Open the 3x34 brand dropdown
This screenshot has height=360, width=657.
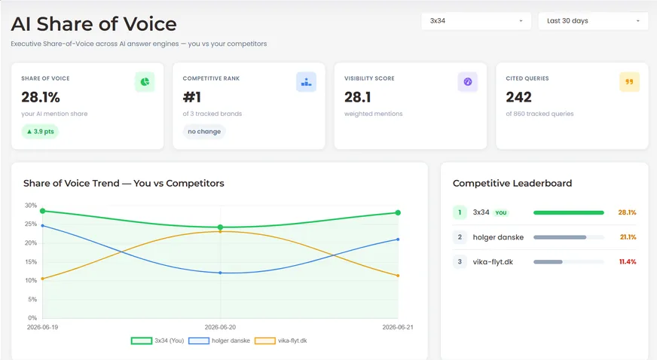(x=476, y=21)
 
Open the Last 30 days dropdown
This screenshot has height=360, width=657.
(x=593, y=21)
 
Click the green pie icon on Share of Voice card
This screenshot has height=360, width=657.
(x=145, y=81)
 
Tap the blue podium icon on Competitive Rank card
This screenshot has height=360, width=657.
(x=307, y=81)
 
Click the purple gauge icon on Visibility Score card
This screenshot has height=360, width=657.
(x=468, y=81)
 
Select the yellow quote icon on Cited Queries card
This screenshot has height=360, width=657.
(x=629, y=81)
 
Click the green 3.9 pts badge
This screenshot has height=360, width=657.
(x=40, y=132)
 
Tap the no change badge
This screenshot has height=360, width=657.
(x=204, y=132)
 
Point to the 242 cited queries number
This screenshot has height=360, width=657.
(x=518, y=97)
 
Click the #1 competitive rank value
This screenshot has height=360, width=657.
(x=192, y=97)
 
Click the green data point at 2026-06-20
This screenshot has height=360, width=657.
(x=221, y=227)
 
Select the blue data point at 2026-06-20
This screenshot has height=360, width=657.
(x=221, y=273)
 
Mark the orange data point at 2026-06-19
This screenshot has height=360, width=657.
(x=43, y=279)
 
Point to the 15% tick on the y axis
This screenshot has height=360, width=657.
(x=31, y=262)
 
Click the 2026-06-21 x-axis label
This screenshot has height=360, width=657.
(x=398, y=328)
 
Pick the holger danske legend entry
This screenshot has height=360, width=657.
(x=219, y=340)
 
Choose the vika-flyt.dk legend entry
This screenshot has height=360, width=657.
(x=281, y=340)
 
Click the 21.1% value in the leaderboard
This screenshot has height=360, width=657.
(x=628, y=237)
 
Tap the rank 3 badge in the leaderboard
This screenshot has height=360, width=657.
(x=460, y=261)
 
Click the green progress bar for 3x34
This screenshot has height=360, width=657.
(x=569, y=212)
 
